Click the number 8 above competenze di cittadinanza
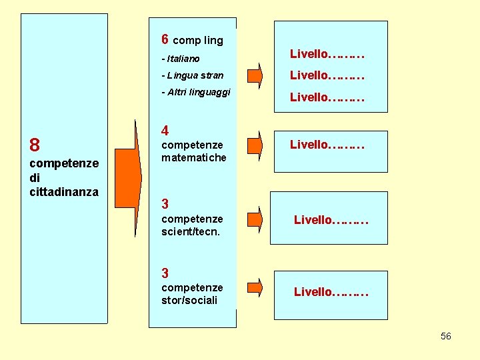[x=35, y=145]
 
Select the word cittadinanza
[x=64, y=192]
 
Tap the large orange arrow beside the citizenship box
[x=128, y=173]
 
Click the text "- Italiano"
[x=181, y=59]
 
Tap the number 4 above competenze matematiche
[x=165, y=131]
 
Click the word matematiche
[x=194, y=158]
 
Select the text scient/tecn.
[x=191, y=232]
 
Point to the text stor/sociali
[x=189, y=300]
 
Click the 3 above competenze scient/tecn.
[x=165, y=204]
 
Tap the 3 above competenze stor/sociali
[x=165, y=273]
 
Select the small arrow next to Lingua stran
[x=255, y=75]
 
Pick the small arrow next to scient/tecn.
[x=255, y=219]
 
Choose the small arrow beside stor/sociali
[x=255, y=287]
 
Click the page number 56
[x=446, y=336]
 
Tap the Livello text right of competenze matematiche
[x=327, y=144]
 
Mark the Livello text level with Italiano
[x=327, y=53]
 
